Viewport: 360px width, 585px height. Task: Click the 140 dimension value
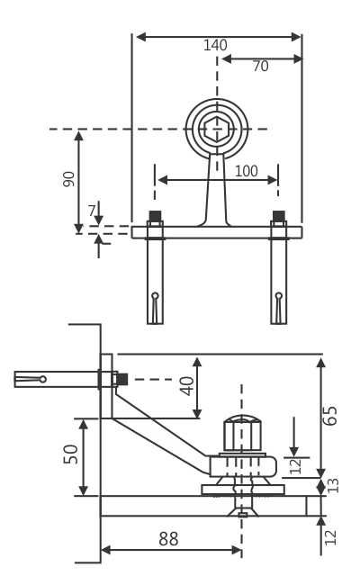(215, 45)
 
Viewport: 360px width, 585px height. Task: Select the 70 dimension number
(260, 67)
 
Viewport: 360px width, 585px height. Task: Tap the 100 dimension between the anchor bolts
(246, 171)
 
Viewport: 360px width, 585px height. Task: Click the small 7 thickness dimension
(92, 211)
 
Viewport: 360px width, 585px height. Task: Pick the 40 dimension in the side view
(186, 385)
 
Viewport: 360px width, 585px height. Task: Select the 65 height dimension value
(330, 416)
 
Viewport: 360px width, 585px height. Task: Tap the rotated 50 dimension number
(71, 454)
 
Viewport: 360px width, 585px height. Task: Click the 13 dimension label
(333, 485)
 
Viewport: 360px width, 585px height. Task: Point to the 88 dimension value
(168, 539)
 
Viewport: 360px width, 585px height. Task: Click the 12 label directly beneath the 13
(330, 536)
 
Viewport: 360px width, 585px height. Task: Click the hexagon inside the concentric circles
(216, 130)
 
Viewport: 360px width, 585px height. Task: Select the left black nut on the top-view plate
(155, 216)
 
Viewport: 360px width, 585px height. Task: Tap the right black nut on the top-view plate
(279, 216)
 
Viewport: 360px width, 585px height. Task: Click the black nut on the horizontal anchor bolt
(121, 379)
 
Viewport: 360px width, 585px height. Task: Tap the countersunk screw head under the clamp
(242, 511)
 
